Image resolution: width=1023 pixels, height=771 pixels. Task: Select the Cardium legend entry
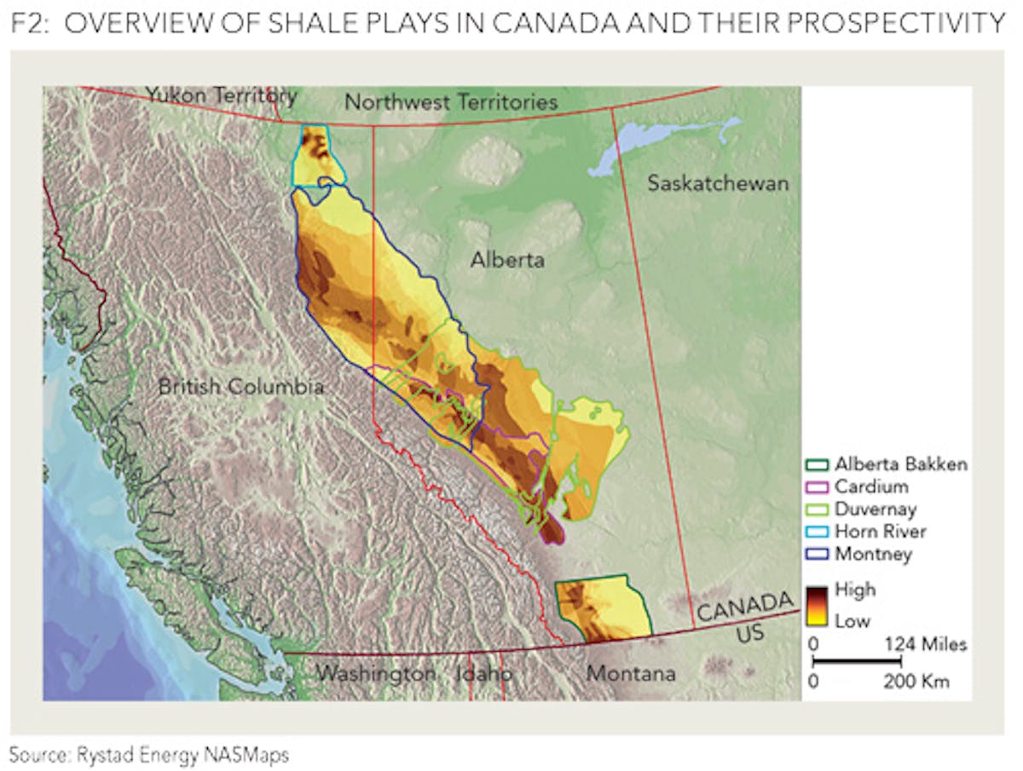(x=870, y=486)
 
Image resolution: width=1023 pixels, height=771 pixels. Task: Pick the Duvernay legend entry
(x=876, y=509)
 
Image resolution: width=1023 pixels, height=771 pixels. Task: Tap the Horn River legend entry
(x=880, y=532)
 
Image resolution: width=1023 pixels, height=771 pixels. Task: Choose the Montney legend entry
(x=873, y=554)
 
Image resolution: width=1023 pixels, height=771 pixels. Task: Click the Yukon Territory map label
(x=221, y=95)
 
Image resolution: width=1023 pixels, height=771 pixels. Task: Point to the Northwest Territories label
(x=451, y=102)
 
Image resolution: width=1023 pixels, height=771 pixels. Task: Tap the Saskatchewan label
(x=717, y=183)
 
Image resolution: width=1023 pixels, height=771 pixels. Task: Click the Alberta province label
(x=507, y=260)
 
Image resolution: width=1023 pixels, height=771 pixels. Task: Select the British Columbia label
(x=241, y=387)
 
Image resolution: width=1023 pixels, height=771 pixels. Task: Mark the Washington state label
(x=376, y=674)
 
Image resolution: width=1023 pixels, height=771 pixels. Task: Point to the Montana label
(x=631, y=674)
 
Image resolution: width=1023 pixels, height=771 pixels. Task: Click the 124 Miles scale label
(x=926, y=644)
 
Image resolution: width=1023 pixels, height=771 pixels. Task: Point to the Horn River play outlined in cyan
(x=319, y=155)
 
